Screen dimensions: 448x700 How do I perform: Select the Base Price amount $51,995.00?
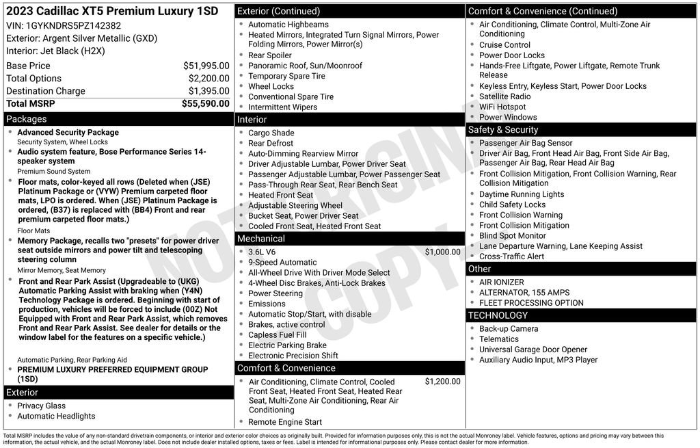(x=206, y=66)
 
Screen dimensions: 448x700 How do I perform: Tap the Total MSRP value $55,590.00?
(x=205, y=103)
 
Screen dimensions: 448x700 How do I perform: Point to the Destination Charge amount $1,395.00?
(x=208, y=91)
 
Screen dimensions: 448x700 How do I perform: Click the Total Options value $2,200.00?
(x=208, y=79)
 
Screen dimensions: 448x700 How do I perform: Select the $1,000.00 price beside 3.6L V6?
(x=442, y=252)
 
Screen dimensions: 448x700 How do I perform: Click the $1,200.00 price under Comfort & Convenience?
(x=442, y=382)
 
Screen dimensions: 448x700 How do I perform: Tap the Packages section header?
(x=27, y=119)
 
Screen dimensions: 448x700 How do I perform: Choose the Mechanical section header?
(x=261, y=239)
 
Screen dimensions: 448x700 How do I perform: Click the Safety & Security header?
(x=503, y=130)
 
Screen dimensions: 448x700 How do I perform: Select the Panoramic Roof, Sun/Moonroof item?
(x=305, y=66)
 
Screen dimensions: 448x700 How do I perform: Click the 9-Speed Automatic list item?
(x=282, y=262)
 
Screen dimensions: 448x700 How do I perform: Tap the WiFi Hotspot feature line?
(x=502, y=107)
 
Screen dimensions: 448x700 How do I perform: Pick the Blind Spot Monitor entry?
(x=513, y=236)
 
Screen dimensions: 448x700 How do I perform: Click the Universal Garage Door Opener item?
(x=533, y=350)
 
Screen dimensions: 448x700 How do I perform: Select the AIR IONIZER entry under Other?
(x=502, y=282)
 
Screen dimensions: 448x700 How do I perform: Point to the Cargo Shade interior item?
(x=271, y=133)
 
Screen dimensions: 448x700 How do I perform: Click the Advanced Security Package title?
(x=68, y=132)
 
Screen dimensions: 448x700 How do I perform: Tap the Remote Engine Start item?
(x=285, y=422)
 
